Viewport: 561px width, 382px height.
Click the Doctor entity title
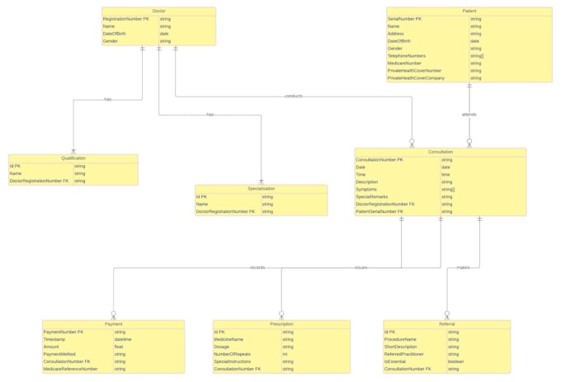(x=158, y=11)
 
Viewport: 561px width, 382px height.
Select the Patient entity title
(x=469, y=11)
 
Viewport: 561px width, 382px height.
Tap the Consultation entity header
(x=440, y=152)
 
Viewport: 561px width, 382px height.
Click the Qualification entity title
(x=73, y=158)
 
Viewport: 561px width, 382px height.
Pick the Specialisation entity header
(x=261, y=189)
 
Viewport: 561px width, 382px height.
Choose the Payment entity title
(x=113, y=324)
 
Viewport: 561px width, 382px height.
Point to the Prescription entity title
(x=281, y=324)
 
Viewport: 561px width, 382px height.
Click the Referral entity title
(x=446, y=324)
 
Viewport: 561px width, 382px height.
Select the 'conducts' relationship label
(x=293, y=97)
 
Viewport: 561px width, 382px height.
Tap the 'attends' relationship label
(x=469, y=115)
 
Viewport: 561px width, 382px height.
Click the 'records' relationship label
(x=257, y=267)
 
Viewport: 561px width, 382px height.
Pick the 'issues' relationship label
(x=361, y=267)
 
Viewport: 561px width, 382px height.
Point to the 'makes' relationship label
(x=463, y=267)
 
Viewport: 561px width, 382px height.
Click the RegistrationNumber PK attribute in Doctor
(x=126, y=19)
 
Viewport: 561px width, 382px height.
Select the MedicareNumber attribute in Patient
(x=404, y=64)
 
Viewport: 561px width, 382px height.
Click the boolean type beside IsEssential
(x=456, y=361)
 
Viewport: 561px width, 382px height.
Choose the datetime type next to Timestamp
(x=123, y=339)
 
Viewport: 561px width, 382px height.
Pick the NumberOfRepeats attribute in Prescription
(x=233, y=354)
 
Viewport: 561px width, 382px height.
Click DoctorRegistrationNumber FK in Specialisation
(x=225, y=212)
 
